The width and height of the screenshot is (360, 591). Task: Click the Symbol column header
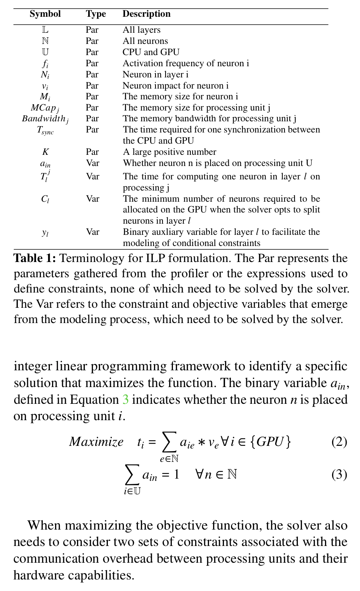click(45, 14)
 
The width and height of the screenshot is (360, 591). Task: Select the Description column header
click(147, 14)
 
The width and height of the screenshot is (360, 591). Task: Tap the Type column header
click(96, 14)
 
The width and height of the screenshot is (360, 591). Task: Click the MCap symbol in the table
click(45, 108)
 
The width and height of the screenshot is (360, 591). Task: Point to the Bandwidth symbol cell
click(45, 119)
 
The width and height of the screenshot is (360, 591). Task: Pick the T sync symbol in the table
click(45, 130)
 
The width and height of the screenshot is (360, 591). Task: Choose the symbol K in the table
click(45, 152)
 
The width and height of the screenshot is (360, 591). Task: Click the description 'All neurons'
click(145, 41)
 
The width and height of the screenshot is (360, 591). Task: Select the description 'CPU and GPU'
click(151, 52)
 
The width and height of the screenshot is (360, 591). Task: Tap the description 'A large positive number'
click(170, 152)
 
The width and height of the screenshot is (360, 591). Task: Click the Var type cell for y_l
click(93, 232)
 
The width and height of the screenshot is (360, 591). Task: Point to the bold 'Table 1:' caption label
click(35, 258)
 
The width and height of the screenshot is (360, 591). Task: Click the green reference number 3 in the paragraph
click(126, 400)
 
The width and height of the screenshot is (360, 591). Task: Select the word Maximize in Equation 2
click(96, 442)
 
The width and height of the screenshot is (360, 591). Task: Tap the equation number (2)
click(339, 442)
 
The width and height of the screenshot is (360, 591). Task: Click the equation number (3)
click(339, 475)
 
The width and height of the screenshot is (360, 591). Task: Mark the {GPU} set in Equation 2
click(270, 442)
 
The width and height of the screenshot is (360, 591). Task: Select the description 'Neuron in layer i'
click(155, 74)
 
